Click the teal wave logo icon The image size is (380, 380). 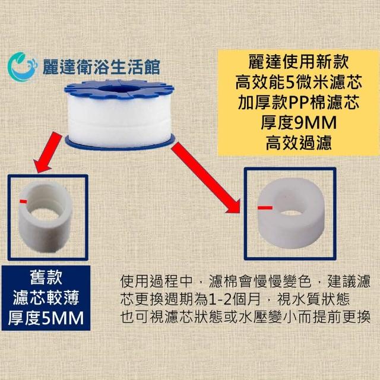23,66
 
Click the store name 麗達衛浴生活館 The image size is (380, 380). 102,67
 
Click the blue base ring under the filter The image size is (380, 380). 120,142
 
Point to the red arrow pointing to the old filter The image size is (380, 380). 47,152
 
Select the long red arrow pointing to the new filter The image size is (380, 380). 206,178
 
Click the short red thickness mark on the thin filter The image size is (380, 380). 23,201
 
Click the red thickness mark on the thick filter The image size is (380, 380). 265,208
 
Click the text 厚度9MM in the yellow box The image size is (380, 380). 299,123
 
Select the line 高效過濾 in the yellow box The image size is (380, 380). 299,143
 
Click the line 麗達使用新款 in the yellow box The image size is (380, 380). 299,62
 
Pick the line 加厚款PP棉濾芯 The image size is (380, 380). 299,102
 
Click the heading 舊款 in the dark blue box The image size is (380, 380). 46,277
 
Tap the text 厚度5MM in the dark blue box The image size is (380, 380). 46,318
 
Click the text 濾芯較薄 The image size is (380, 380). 46,297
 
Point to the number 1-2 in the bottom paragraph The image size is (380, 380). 219,300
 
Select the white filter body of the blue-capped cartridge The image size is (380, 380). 120,121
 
